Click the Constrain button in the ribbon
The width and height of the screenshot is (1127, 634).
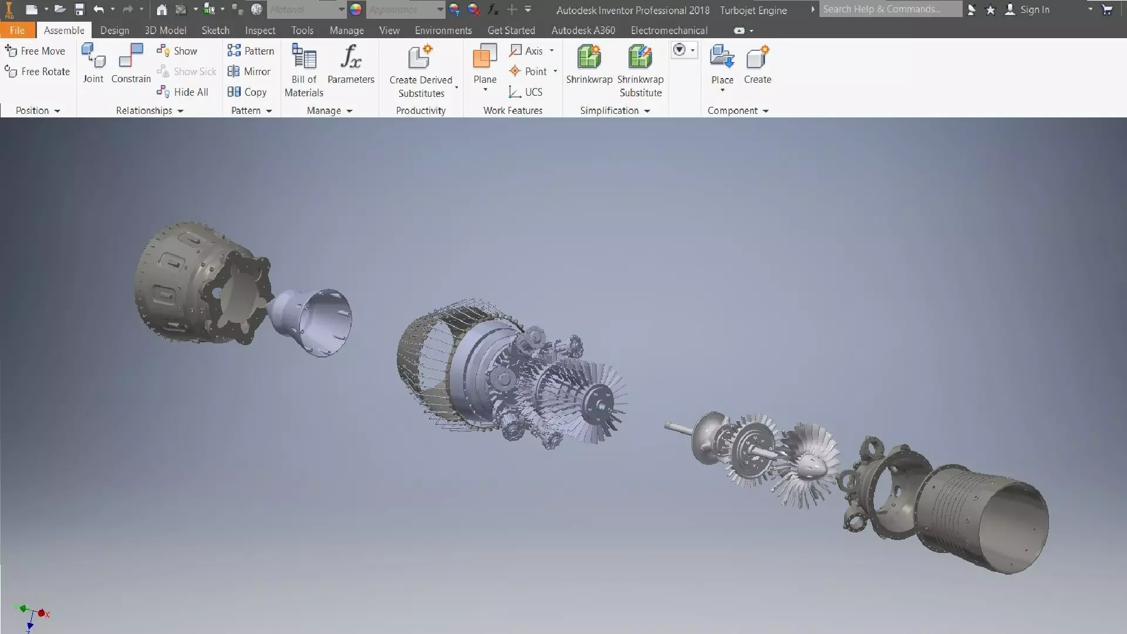131,63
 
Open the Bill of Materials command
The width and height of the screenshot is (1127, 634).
304,69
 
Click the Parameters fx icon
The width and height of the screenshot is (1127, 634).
350,58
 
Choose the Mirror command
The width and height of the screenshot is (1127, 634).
249,72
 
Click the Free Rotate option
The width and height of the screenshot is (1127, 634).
38,72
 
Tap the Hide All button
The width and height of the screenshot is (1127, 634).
183,92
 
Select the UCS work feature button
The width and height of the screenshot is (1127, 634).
526,92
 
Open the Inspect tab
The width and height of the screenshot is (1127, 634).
260,31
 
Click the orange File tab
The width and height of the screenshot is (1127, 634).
17,31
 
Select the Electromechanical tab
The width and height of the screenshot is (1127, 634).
669,31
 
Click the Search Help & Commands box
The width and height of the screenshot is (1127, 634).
890,9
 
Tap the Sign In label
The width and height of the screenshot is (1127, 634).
1034,9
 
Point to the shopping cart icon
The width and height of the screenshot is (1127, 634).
1107,9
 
